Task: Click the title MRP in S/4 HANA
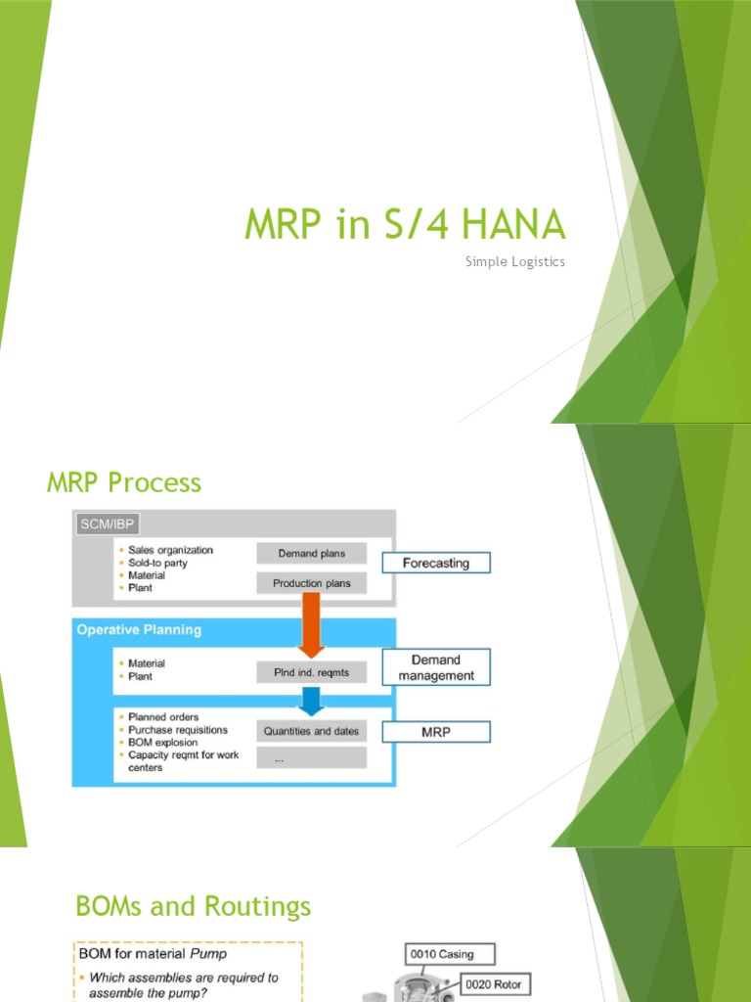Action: pyautogui.click(x=404, y=225)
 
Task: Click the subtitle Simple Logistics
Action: pyautogui.click(x=515, y=262)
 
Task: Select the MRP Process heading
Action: pyautogui.click(x=124, y=482)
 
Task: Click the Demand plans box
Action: pyautogui.click(x=311, y=553)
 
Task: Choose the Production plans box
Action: pyautogui.click(x=311, y=583)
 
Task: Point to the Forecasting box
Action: pyautogui.click(x=435, y=563)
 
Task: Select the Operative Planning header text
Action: pyautogui.click(x=139, y=630)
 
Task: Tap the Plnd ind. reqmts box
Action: pyautogui.click(x=311, y=672)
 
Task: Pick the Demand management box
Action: pyautogui.click(x=435, y=667)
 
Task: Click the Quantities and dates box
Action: pyautogui.click(x=311, y=731)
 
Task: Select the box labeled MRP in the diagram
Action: pyautogui.click(x=435, y=732)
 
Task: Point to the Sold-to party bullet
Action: pyautogui.click(x=157, y=563)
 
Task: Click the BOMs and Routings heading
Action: pyautogui.click(x=194, y=906)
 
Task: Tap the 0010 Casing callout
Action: pyautogui.click(x=451, y=954)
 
